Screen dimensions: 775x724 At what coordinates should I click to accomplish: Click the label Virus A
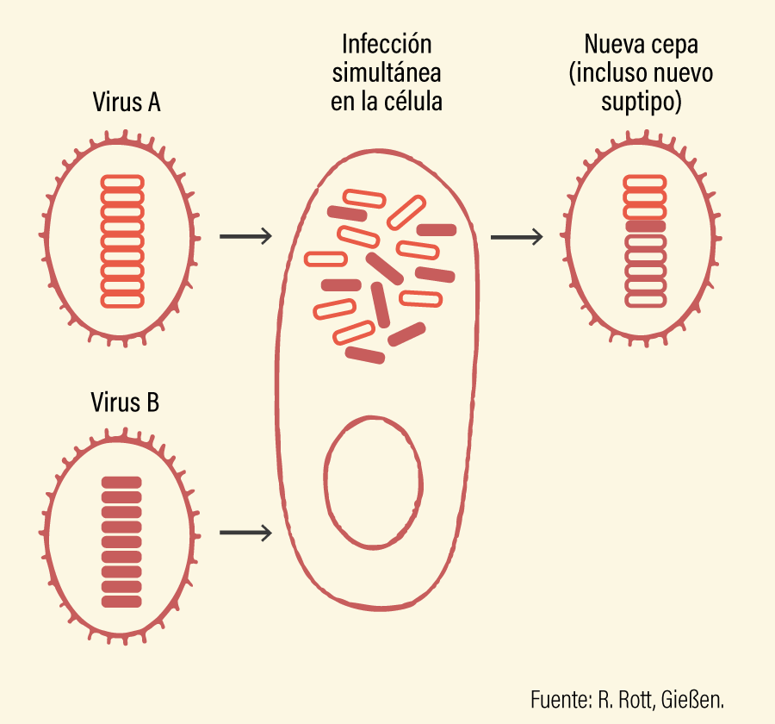pos(127,102)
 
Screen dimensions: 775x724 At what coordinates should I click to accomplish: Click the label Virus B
pos(125,402)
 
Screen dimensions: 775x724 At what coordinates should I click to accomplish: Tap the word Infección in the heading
pos(387,44)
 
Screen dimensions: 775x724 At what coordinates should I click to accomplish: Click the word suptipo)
pos(641,103)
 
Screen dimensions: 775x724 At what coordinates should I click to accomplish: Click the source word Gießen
pos(692,700)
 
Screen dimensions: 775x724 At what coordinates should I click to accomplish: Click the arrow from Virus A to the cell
pos(245,236)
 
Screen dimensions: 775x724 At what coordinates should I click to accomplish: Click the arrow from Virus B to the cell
pos(245,533)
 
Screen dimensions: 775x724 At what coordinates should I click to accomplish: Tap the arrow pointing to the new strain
pos(517,237)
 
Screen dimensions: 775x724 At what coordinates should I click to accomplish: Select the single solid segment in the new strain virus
pos(646,227)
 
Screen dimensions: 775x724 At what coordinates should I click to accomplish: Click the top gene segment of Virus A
pos(122,182)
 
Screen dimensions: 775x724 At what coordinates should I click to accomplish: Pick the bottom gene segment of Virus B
pos(121,602)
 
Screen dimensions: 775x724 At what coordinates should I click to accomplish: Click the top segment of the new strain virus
pos(645,182)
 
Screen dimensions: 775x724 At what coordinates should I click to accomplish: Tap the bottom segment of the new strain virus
pos(646,300)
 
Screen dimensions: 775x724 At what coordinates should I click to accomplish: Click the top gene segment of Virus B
pos(121,483)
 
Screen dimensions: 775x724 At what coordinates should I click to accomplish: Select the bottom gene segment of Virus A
pos(122,301)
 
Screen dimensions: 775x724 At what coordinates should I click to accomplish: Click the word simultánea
pos(387,72)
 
